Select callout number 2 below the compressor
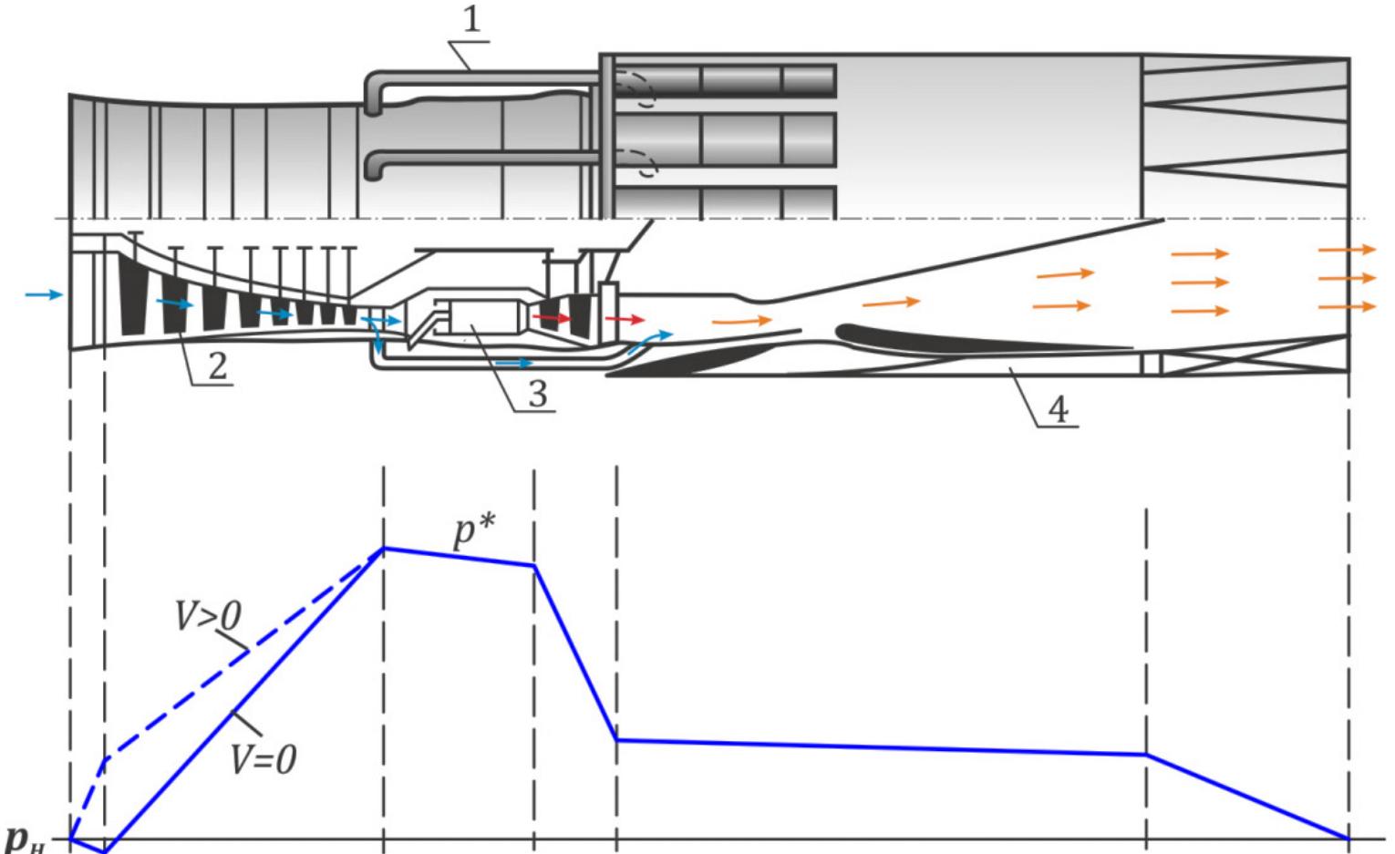(x=217, y=365)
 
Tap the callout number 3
(x=537, y=394)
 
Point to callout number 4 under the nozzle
(x=1058, y=409)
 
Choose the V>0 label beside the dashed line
(x=208, y=617)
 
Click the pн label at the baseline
(x=23, y=838)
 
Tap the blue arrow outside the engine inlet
(x=44, y=294)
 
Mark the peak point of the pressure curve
(x=384, y=549)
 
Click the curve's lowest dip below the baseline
(x=106, y=851)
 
